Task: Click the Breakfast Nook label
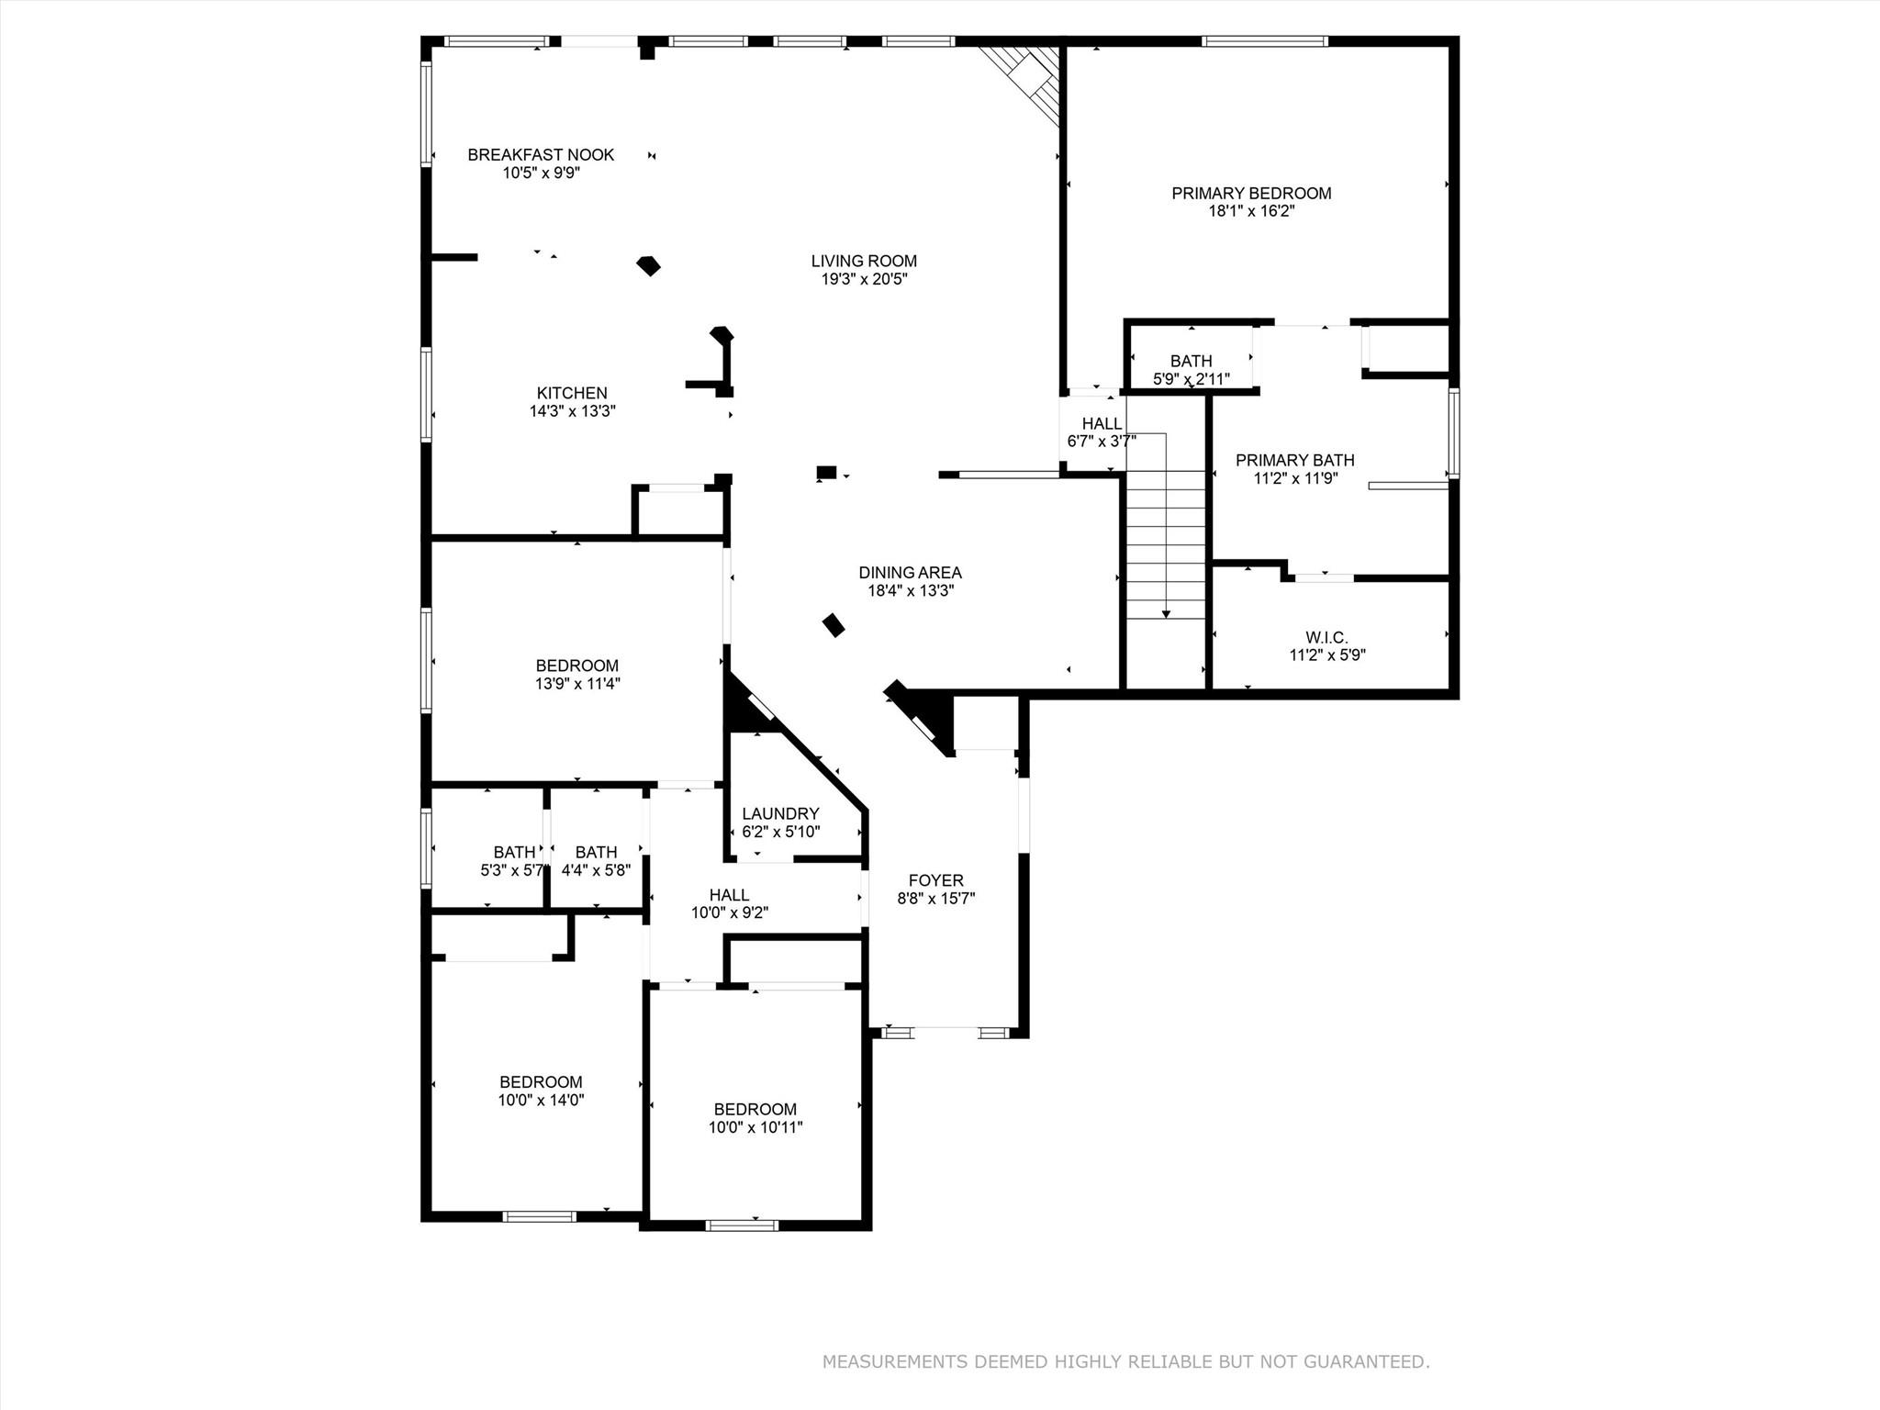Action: tap(541, 154)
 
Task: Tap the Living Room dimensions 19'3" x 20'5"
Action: tap(864, 279)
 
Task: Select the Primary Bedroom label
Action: tap(1251, 193)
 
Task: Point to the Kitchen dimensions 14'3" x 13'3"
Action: tap(572, 411)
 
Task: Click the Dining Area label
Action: tap(910, 572)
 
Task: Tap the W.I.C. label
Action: tap(1326, 637)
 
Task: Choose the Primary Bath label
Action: tap(1294, 460)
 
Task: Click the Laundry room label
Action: tap(780, 813)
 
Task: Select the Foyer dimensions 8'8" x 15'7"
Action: tap(935, 899)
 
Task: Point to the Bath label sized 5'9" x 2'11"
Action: tap(1191, 361)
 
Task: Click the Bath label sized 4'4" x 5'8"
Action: tap(596, 852)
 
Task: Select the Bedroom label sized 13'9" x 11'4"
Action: tap(576, 666)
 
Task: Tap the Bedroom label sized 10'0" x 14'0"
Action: tap(541, 1081)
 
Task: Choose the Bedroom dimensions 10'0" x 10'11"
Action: tap(755, 1127)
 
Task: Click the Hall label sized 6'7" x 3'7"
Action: tap(1102, 423)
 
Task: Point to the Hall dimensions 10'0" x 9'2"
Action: tap(729, 913)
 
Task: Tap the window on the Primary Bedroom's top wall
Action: tap(1264, 41)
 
